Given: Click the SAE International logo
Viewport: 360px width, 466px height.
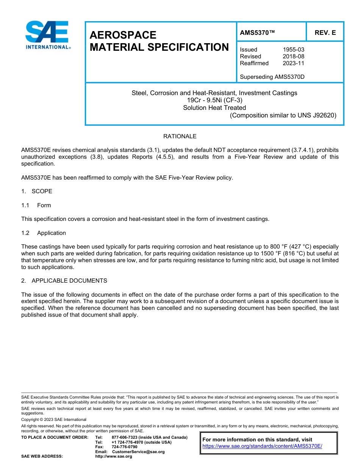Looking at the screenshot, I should tap(47, 35).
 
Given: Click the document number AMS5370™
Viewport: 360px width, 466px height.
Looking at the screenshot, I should tap(257, 33).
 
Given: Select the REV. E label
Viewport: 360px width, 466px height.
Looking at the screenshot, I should tap(325, 33).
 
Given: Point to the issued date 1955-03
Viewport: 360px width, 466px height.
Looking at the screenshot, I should tap(293, 50).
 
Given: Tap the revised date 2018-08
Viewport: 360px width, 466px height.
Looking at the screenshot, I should tap(293, 56).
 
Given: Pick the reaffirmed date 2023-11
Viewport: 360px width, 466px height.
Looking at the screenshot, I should tap(293, 63).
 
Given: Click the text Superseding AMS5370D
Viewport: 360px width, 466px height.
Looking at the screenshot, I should tap(272, 77).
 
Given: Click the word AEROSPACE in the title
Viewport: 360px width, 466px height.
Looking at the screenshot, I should tap(123, 35).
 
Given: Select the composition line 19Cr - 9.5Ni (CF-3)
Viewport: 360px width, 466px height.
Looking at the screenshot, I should tap(214, 100).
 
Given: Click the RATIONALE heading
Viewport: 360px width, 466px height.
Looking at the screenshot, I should tap(180, 136).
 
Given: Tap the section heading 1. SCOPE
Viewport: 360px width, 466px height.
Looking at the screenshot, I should tap(37, 191).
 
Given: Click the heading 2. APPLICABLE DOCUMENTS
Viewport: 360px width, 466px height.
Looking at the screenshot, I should tap(64, 281).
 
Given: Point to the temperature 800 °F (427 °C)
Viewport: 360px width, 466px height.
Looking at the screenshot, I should tap(292, 247).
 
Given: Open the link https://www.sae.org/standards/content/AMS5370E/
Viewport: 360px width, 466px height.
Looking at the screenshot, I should tap(262, 446).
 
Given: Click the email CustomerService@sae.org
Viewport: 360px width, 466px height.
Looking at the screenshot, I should tap(138, 452).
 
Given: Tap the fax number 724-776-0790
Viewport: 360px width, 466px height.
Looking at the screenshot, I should tap(124, 447).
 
